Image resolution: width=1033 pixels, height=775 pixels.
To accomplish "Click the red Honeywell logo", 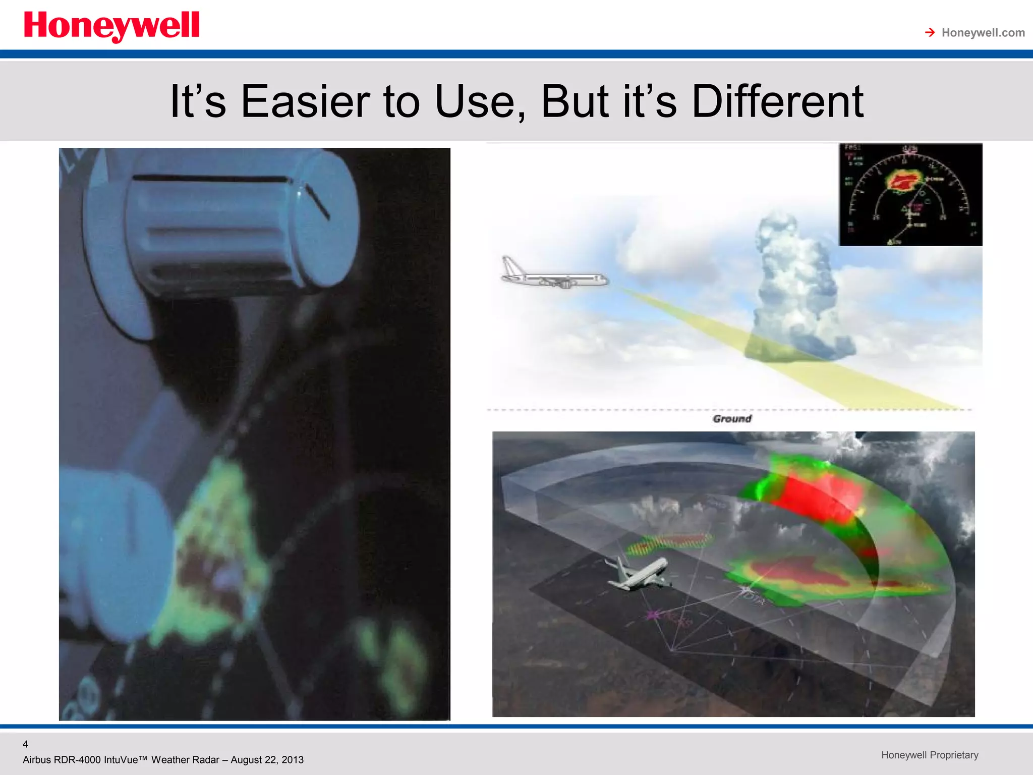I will (111, 26).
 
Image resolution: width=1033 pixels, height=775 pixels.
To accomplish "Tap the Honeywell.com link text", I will (983, 33).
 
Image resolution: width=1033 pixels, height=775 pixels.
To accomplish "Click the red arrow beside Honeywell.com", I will (930, 33).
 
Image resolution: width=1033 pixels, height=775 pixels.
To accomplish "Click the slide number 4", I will (25, 744).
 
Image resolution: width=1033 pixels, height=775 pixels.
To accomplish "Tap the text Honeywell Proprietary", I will (930, 755).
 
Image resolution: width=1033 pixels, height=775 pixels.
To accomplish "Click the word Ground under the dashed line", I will (732, 418).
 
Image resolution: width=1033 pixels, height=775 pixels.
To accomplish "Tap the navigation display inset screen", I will (910, 195).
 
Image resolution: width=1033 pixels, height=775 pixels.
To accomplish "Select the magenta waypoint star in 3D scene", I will (654, 615).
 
